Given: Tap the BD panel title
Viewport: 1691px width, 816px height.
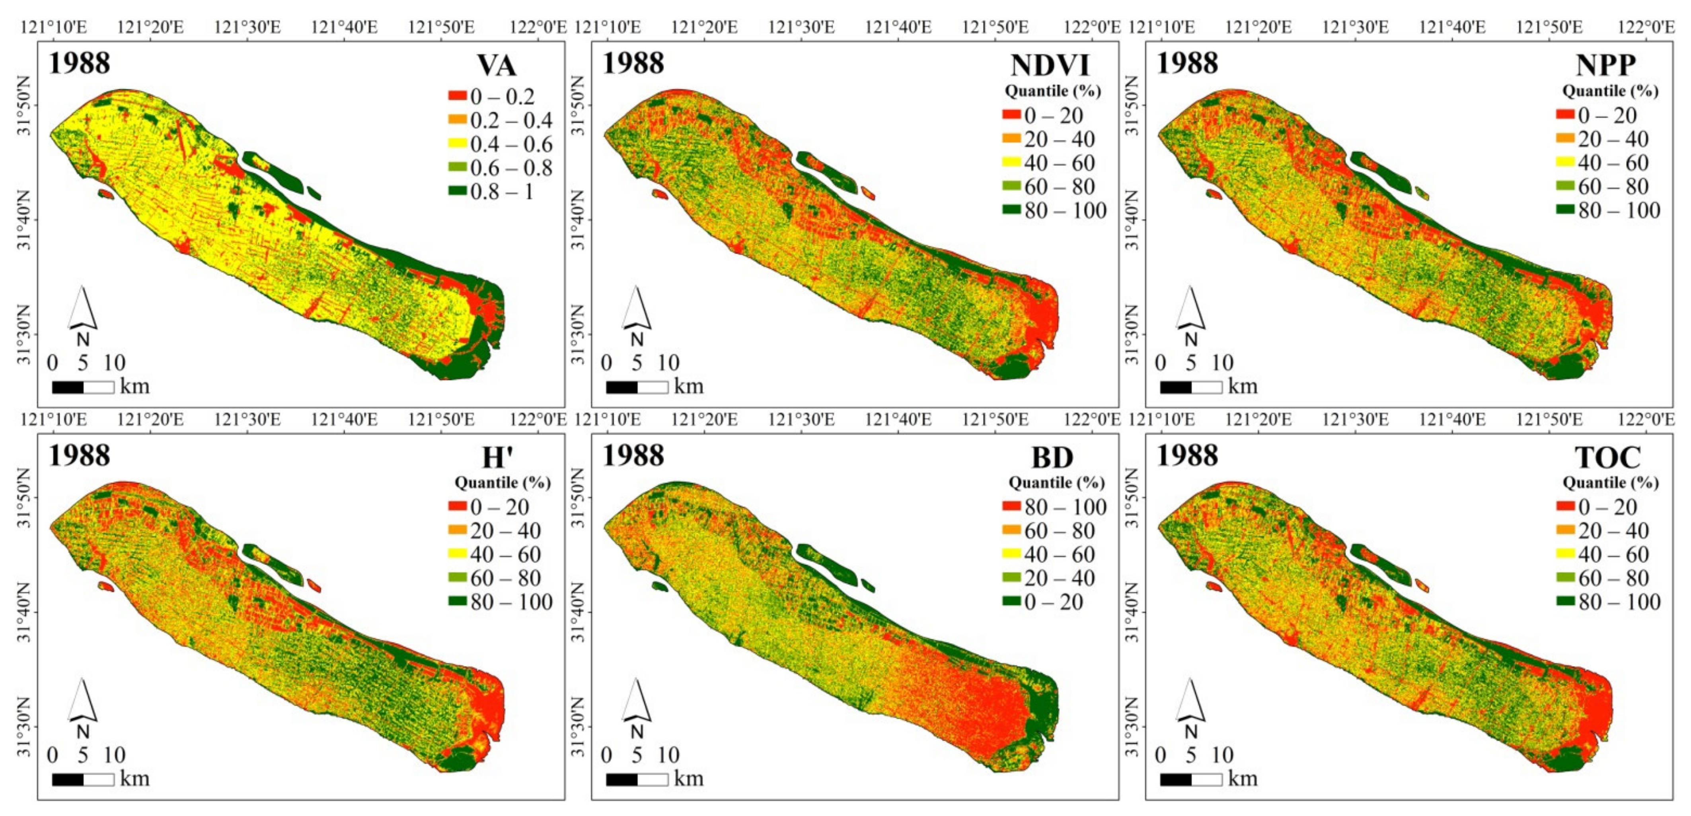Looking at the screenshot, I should [1052, 457].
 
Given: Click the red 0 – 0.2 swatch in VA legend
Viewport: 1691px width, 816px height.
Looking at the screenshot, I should [458, 96].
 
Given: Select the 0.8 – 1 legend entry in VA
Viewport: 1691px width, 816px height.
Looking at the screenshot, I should [501, 192].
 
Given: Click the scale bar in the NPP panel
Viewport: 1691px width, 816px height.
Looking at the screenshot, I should [1191, 387].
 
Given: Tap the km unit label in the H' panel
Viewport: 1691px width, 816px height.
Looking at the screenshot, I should [134, 779].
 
